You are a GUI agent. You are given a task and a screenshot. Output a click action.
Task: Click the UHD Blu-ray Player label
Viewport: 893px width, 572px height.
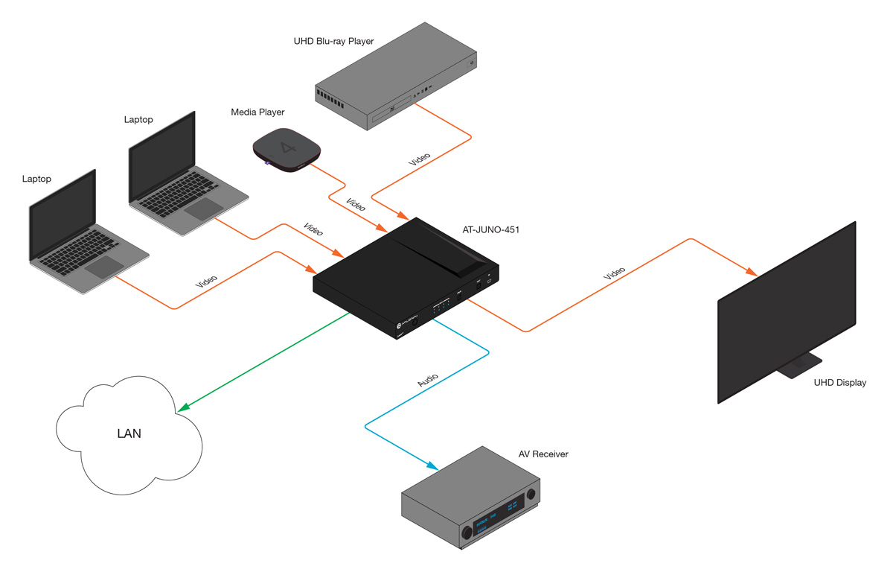coord(333,41)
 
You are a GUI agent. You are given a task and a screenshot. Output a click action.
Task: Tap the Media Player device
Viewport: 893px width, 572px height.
coord(287,150)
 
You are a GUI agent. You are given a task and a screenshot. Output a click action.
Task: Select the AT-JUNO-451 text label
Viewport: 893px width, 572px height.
coord(490,229)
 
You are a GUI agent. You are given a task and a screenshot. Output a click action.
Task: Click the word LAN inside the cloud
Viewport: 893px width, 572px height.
coord(129,433)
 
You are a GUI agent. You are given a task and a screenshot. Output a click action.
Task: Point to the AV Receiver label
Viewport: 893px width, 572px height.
coord(543,454)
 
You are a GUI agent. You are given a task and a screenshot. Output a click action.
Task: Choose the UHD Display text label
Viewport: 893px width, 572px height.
coord(840,383)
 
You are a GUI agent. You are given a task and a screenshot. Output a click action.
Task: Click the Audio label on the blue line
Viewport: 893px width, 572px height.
coord(428,380)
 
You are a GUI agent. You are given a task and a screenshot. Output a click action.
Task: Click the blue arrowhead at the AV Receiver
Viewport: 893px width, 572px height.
coord(432,465)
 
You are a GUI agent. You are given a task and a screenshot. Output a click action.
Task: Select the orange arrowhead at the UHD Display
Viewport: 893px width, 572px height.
coord(752,271)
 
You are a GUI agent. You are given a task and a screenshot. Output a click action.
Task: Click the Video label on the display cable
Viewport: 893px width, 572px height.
coord(614,273)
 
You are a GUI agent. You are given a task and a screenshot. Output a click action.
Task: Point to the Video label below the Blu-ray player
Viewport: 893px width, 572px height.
coord(420,159)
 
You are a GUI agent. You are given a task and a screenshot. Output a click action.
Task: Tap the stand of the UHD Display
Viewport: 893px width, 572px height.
coord(799,365)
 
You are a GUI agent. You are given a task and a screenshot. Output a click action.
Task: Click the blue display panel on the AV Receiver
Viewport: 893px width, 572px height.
coord(499,516)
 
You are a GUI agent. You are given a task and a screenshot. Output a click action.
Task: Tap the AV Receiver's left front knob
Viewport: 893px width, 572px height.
coord(467,532)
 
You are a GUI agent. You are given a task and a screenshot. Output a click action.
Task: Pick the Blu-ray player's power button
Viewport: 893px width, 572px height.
coord(472,63)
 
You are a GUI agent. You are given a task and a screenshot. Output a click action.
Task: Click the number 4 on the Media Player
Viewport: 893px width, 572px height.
coord(288,147)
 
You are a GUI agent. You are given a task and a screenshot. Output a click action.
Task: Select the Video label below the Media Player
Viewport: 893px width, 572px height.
coord(355,204)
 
